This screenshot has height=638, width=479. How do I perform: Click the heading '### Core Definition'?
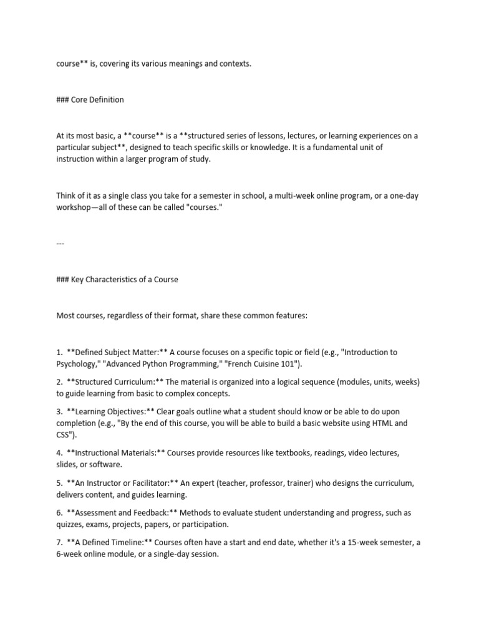[x=90, y=100]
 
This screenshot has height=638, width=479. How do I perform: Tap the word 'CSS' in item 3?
[x=64, y=434]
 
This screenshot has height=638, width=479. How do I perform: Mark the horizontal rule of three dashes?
[x=60, y=244]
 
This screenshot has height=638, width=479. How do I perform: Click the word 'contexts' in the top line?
[x=233, y=64]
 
